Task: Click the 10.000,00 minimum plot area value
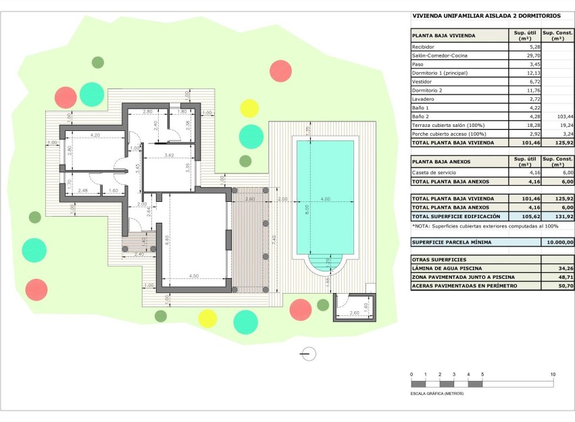click(559, 242)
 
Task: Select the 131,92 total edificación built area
click(563, 216)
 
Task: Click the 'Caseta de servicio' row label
click(432, 173)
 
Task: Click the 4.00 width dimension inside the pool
click(325, 199)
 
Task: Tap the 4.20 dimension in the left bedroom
click(95, 135)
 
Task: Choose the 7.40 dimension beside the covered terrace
click(274, 238)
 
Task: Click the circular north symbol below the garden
click(309, 352)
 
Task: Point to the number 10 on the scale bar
click(553, 374)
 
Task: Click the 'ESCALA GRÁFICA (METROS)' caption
click(437, 393)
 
